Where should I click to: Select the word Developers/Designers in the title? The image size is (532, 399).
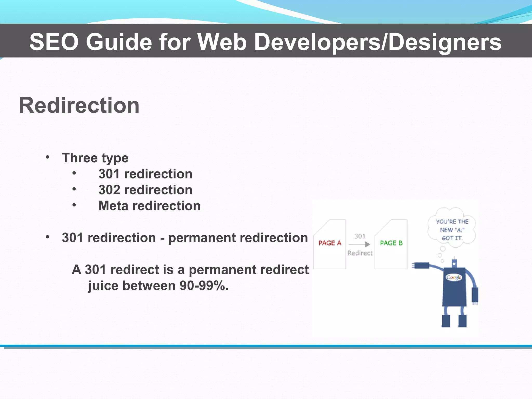[378, 42]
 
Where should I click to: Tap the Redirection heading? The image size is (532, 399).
[79, 105]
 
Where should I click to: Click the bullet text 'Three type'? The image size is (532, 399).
[95, 158]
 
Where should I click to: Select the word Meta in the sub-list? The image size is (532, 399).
[113, 206]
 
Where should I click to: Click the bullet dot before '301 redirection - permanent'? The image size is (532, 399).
[48, 237]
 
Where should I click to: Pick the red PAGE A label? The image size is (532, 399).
[330, 243]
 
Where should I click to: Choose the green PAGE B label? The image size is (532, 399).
[391, 243]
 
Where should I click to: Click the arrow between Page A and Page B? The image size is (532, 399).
[360, 244]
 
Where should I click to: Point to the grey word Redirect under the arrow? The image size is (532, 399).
[360, 253]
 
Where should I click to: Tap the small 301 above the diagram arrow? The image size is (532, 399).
[360, 236]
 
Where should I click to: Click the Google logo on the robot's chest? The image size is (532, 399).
[454, 277]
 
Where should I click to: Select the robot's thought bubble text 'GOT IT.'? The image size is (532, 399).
[452, 238]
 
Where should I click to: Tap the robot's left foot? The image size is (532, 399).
[446, 321]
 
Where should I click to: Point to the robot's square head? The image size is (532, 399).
[454, 263]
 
